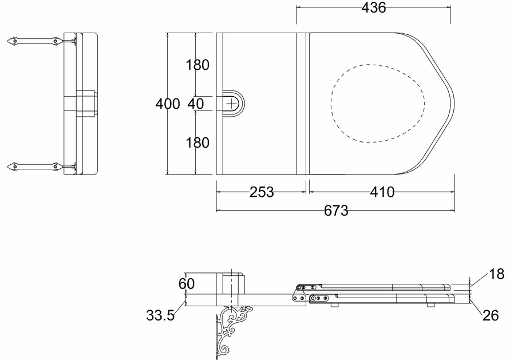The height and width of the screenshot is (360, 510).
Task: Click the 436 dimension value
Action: click(373, 7)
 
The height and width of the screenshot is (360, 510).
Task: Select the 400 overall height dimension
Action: click(168, 104)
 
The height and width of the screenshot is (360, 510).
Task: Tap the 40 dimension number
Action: click(196, 104)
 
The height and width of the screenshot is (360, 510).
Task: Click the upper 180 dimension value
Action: click(197, 65)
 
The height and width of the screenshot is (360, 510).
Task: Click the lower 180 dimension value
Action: click(197, 143)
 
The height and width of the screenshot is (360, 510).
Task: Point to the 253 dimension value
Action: click(262, 192)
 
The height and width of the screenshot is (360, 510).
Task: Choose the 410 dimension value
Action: click(382, 192)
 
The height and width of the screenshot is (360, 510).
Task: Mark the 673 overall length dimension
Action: click(336, 211)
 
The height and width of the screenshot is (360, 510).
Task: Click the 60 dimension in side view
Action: click(187, 283)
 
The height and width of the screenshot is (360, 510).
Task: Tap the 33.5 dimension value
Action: click(160, 315)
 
